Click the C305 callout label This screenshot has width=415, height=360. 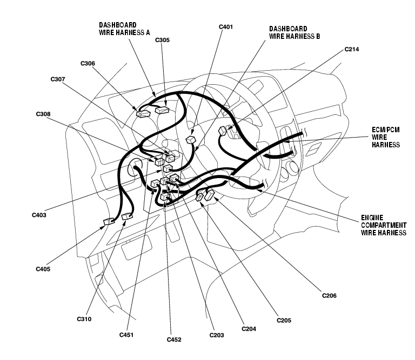pyautogui.click(x=162, y=39)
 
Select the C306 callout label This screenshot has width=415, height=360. pyautogui.click(x=88, y=63)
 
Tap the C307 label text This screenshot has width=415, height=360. pyautogui.click(x=58, y=79)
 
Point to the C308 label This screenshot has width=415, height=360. pyautogui.click(x=43, y=114)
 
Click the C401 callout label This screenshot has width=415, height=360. pyautogui.click(x=226, y=26)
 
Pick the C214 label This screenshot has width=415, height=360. pyautogui.click(x=352, y=49)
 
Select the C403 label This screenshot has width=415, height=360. pyautogui.click(x=39, y=215)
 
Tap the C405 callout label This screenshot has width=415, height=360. pyautogui.click(x=43, y=268)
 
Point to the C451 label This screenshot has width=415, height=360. pyautogui.click(x=126, y=335)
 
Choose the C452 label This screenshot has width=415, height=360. pyautogui.click(x=174, y=339)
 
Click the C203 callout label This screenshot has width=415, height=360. pyautogui.click(x=217, y=335)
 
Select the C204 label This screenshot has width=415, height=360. pyautogui.click(x=249, y=328)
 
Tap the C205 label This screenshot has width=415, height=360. pyautogui.click(x=284, y=320)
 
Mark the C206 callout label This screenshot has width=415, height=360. pyautogui.click(x=329, y=295)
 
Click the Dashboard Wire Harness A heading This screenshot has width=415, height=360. pyautogui.click(x=124, y=29)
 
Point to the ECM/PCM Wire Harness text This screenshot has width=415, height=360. pyautogui.click(x=385, y=137)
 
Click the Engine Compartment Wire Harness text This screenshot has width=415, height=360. pyautogui.click(x=383, y=225)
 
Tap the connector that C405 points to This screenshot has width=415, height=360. pyautogui.click(x=108, y=221)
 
